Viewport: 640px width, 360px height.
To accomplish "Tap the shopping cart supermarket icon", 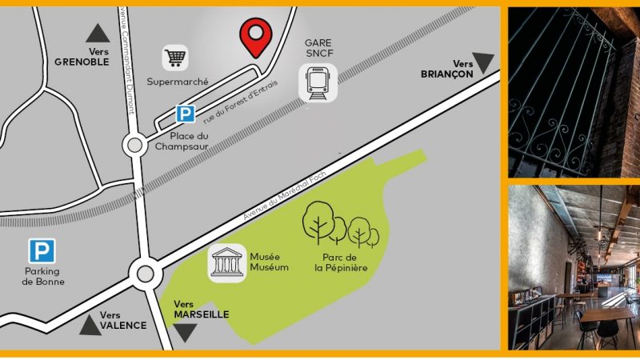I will (x=176, y=58).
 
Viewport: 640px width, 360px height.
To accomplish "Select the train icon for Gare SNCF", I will (x=318, y=82).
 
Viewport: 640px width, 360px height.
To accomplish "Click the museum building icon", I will (x=226, y=263).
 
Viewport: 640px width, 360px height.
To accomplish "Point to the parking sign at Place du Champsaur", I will (x=186, y=114).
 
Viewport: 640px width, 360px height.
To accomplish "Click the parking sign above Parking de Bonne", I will (x=42, y=251).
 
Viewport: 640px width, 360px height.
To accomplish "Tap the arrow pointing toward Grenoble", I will (x=98, y=33).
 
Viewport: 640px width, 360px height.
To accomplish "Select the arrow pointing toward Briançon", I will (x=484, y=62).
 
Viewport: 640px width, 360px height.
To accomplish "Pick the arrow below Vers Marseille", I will (x=186, y=332).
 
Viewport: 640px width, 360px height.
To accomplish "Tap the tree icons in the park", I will (x=340, y=223).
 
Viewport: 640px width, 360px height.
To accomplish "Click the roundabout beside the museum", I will (x=145, y=274).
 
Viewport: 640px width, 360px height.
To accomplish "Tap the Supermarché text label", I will (x=178, y=82).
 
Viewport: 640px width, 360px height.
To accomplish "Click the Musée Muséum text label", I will (x=269, y=262).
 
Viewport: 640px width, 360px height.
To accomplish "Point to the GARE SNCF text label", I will (x=318, y=48).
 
